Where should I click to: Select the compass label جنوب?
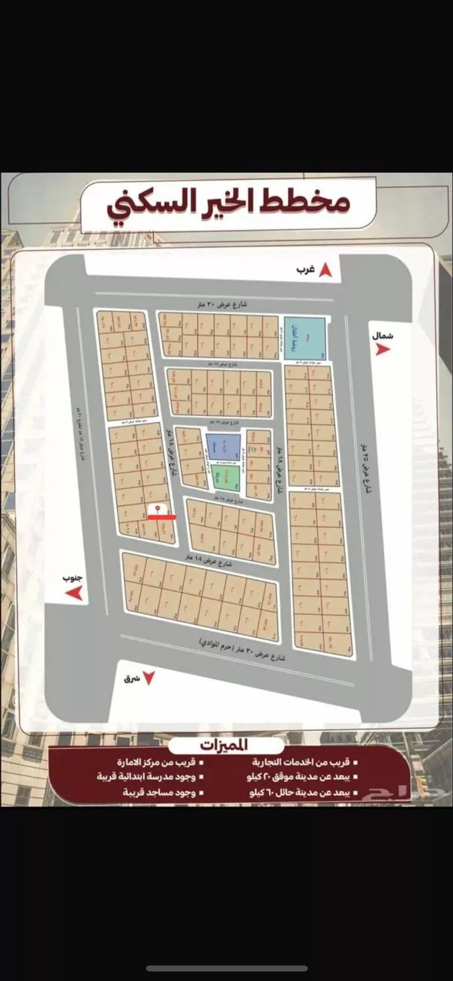pos(73,578)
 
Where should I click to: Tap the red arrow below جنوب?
pos(74,593)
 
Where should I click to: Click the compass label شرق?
pos(132,678)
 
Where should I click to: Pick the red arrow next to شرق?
pos(149,678)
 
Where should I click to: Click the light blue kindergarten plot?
pos(304,338)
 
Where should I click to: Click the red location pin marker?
pos(158,509)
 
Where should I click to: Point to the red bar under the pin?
pos(162,517)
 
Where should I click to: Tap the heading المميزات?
pos(225,745)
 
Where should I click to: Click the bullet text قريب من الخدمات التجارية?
pos(304,762)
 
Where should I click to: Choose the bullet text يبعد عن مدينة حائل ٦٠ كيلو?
pos(302,792)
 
